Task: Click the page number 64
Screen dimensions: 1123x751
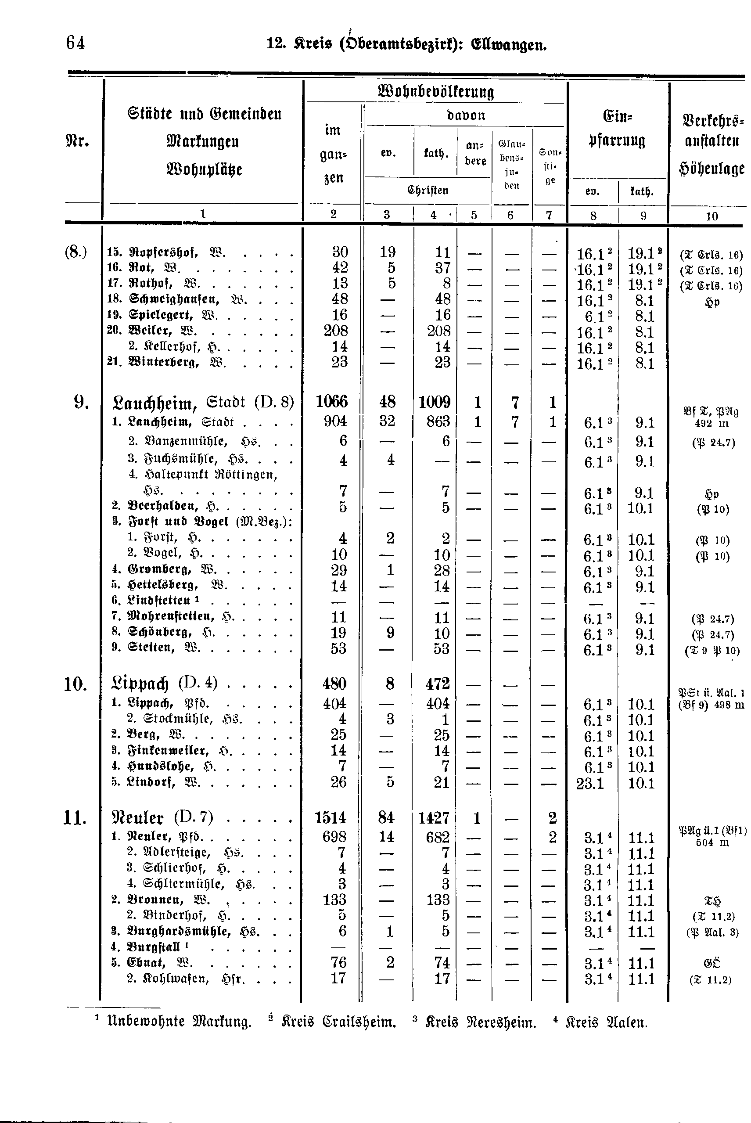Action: click(75, 43)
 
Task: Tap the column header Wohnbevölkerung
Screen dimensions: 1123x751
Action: click(435, 91)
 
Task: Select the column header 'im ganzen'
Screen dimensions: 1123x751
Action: click(333, 154)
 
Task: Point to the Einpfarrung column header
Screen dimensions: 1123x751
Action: click(616, 128)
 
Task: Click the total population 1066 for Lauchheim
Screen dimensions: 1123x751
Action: click(331, 402)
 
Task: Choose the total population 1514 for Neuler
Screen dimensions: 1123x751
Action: click(331, 817)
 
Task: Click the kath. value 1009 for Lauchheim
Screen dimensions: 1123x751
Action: click(434, 402)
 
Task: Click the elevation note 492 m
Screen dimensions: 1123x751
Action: click(711, 424)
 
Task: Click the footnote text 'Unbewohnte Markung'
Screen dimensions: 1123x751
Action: click(180, 1022)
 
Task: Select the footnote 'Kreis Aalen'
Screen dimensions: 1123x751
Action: click(606, 1022)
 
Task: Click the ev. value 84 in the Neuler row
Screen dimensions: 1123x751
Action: click(386, 817)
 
